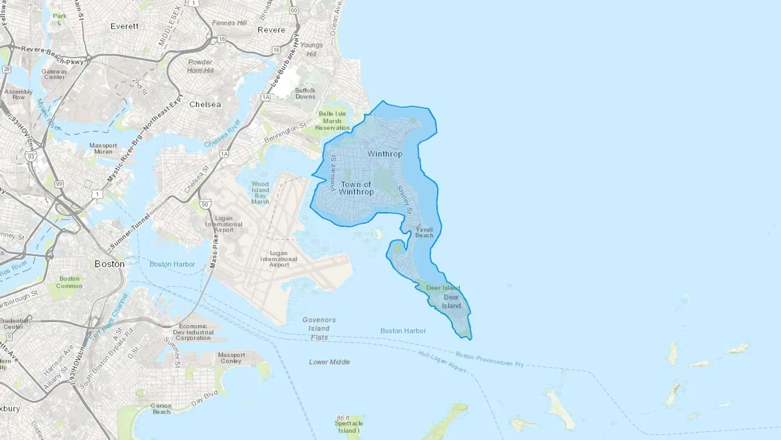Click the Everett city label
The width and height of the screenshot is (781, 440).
click(125, 26)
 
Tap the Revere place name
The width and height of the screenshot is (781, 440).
click(271, 30)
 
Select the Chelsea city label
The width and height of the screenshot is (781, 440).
click(205, 105)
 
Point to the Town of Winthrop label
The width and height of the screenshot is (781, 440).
click(356, 188)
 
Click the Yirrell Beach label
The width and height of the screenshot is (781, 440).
click(424, 232)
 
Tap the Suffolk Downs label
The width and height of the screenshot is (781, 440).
click(305, 93)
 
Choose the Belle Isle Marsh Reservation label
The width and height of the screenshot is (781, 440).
click(332, 121)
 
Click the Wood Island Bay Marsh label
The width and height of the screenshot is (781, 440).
click(260, 193)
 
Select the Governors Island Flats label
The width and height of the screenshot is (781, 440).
click(319, 328)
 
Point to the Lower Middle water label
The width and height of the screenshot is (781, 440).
click(329, 362)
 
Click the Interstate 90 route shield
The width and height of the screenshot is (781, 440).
click(205, 204)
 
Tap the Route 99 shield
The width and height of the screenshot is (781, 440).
click(59, 184)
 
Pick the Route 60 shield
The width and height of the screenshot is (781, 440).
click(294, 10)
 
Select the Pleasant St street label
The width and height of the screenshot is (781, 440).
click(333, 173)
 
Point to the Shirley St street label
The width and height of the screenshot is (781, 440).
click(405, 199)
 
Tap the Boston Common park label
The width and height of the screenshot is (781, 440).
click(69, 282)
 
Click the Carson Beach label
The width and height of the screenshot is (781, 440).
click(161, 409)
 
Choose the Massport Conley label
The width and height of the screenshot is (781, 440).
click(231, 358)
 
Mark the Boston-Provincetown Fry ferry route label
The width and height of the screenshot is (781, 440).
click(489, 359)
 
